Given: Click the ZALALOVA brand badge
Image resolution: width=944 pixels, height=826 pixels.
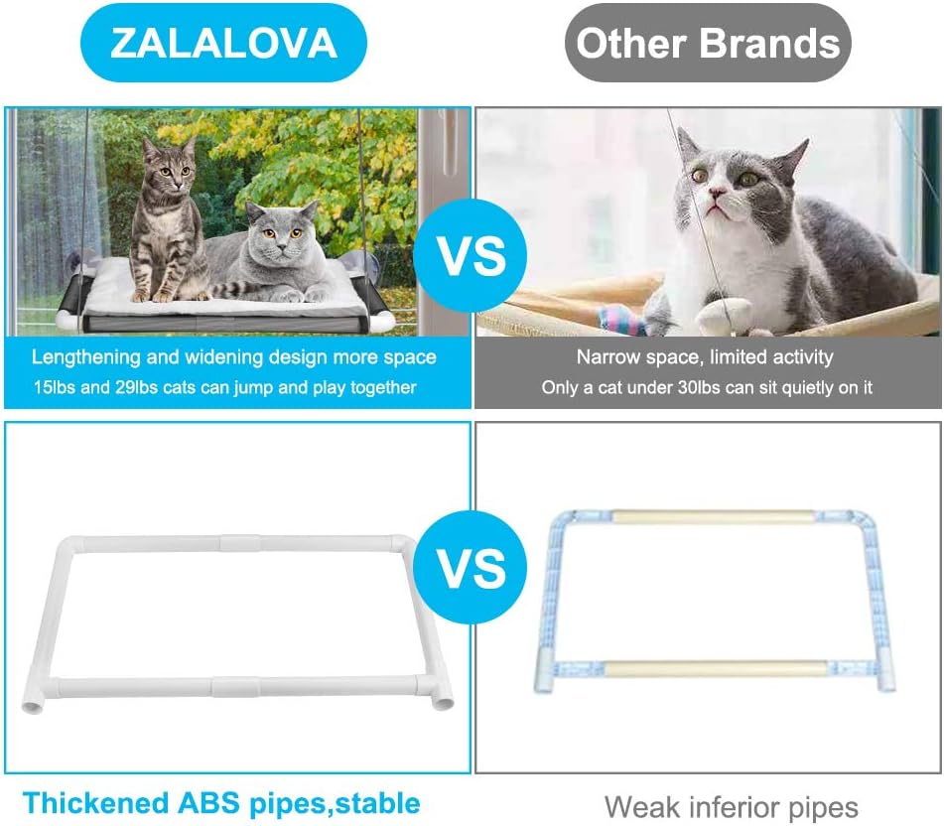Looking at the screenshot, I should (x=223, y=43).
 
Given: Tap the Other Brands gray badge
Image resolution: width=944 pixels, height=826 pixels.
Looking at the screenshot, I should (x=708, y=43).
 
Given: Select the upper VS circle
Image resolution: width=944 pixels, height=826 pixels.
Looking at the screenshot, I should (x=472, y=257).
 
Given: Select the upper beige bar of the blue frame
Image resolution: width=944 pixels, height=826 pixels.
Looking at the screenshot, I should (x=712, y=518).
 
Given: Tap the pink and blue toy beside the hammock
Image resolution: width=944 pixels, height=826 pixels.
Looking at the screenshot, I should (x=621, y=321).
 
